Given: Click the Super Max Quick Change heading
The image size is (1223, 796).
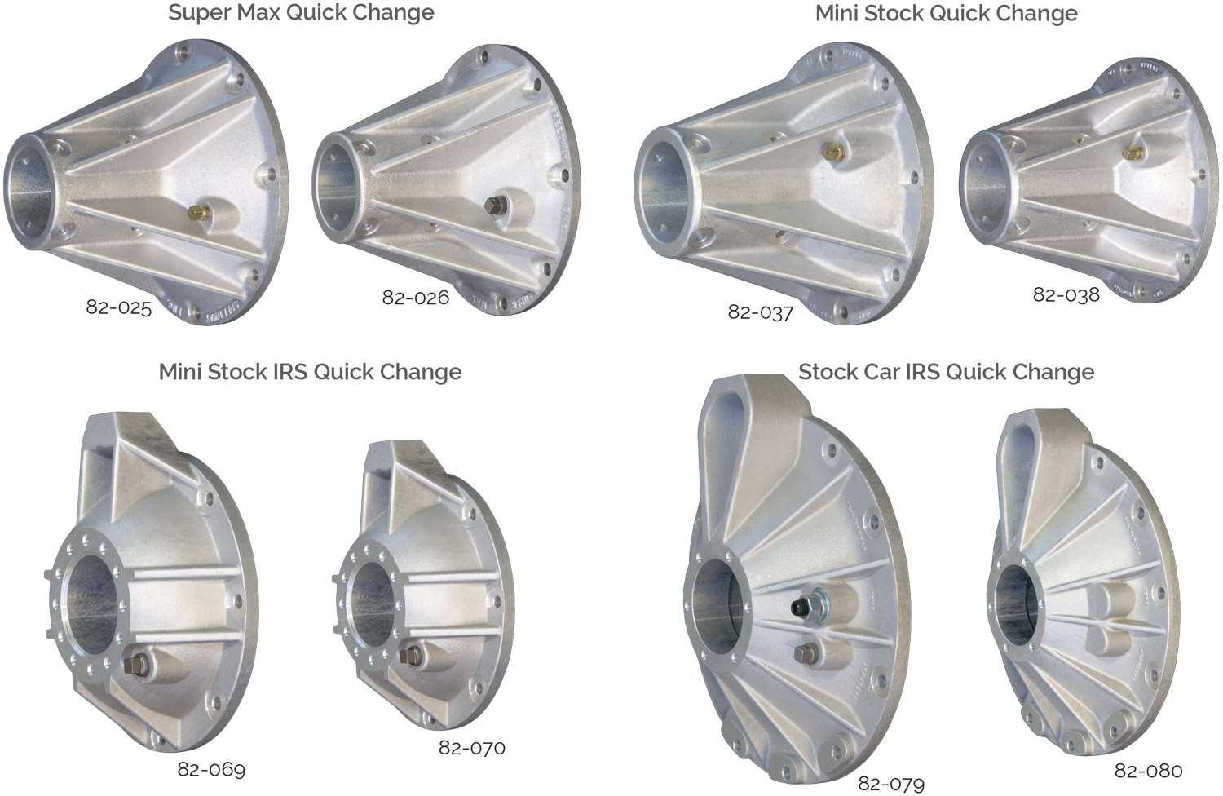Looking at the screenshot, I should pyautogui.click(x=301, y=13).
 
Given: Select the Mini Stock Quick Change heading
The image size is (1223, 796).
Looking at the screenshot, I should pyautogui.click(x=946, y=14).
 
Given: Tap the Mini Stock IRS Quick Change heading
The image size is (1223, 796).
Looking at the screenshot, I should pyautogui.click(x=310, y=372).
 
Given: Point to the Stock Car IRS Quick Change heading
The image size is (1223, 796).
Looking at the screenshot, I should pyautogui.click(x=946, y=372).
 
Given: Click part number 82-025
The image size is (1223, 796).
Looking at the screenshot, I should pyautogui.click(x=119, y=308).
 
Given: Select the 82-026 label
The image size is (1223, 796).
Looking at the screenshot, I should pyautogui.click(x=415, y=298).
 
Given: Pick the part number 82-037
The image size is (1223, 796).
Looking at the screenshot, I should pyautogui.click(x=760, y=312).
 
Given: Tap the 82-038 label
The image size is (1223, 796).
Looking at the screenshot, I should pyautogui.click(x=1066, y=295).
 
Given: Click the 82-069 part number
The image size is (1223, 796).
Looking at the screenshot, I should pyautogui.click(x=211, y=769).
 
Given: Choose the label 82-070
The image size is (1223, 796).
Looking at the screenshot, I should pyautogui.click(x=471, y=747).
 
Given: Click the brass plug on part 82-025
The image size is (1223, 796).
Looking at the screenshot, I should pyautogui.click(x=196, y=213).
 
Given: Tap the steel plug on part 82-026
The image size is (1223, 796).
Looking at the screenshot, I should pyautogui.click(x=492, y=204).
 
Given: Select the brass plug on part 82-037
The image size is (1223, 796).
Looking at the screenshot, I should pyautogui.click(x=832, y=151).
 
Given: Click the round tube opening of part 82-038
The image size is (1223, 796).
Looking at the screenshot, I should pyautogui.click(x=984, y=187).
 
